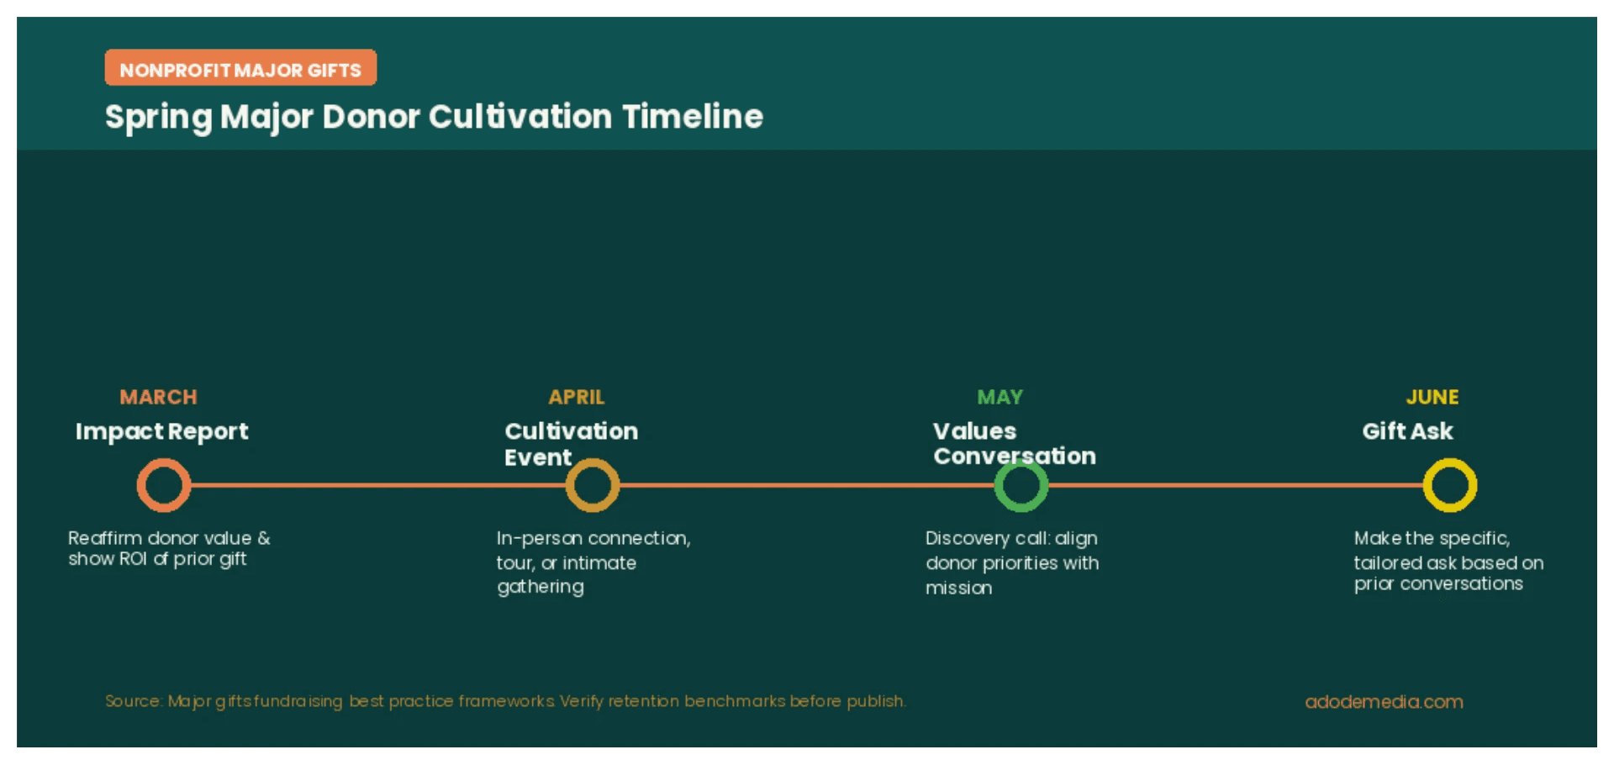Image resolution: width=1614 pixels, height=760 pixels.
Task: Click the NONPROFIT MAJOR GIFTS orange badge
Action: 240,68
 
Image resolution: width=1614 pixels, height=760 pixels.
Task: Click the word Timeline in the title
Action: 693,116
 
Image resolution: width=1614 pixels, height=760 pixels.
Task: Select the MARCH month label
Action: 158,397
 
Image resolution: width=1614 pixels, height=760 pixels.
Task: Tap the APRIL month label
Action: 577,397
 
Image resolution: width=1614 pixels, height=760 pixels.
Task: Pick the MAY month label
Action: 1000,397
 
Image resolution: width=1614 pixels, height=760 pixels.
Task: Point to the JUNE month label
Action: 1432,397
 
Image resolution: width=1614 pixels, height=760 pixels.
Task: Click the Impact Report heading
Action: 161,431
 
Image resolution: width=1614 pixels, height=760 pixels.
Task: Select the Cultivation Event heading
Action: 571,443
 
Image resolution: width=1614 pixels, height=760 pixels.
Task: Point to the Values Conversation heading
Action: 1014,443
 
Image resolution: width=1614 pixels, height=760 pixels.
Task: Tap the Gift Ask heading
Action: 1407,431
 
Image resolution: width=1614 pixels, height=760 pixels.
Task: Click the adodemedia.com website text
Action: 1384,701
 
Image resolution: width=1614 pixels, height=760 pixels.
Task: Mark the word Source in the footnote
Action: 132,701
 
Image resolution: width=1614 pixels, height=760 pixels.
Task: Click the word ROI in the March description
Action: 130,558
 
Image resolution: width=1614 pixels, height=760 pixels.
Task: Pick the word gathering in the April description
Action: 540,587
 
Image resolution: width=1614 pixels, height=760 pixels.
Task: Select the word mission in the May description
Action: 958,588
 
